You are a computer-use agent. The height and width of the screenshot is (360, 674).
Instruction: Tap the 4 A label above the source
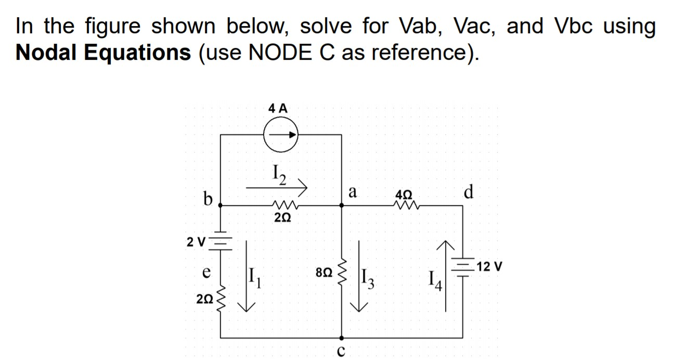pyautogui.click(x=278, y=108)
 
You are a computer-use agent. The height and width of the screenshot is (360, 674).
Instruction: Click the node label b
pyautogui.click(x=208, y=199)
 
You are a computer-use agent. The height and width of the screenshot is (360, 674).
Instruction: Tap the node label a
pyautogui.click(x=352, y=192)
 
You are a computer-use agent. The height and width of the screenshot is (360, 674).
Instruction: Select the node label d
pyautogui.click(x=468, y=192)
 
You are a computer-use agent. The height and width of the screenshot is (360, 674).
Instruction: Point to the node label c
pyautogui.click(x=341, y=351)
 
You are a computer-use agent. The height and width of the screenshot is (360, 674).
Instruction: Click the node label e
pyautogui.click(x=206, y=272)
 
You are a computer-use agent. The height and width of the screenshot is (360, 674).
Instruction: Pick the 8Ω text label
pyautogui.click(x=322, y=272)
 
